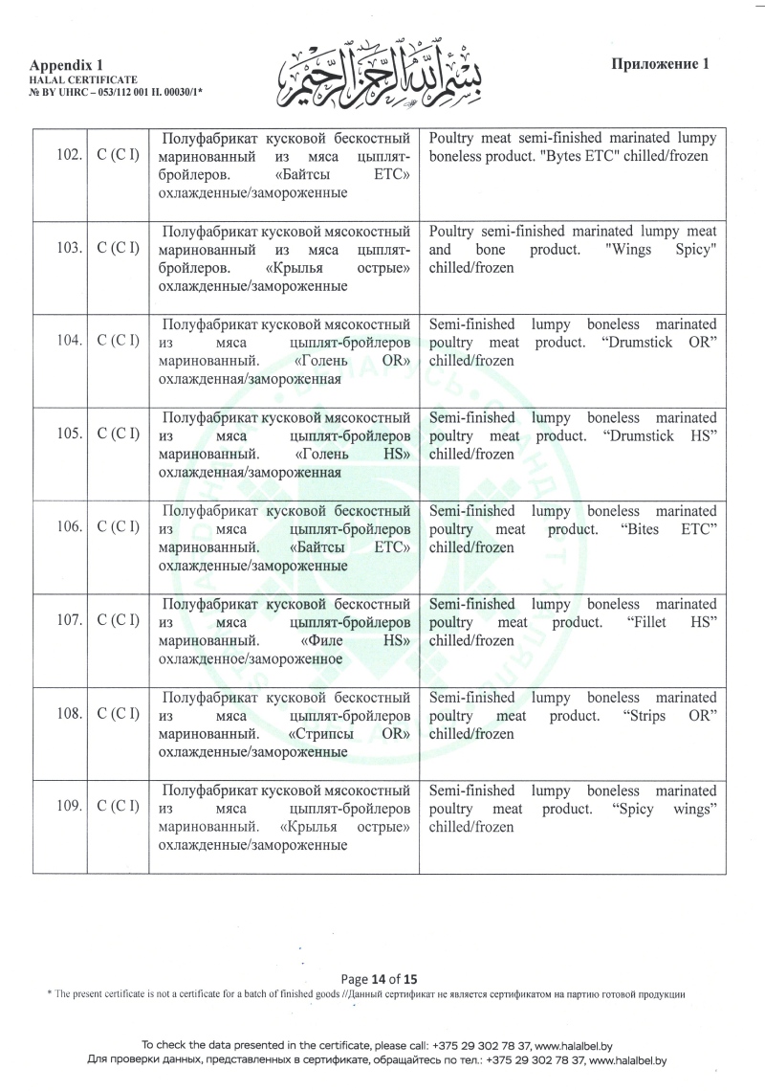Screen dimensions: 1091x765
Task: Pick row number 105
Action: coord(67,434)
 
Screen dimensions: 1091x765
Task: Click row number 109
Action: coord(67,807)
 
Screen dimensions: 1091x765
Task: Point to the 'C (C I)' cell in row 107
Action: coord(119,619)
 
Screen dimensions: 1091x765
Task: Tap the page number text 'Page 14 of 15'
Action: coord(380,979)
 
